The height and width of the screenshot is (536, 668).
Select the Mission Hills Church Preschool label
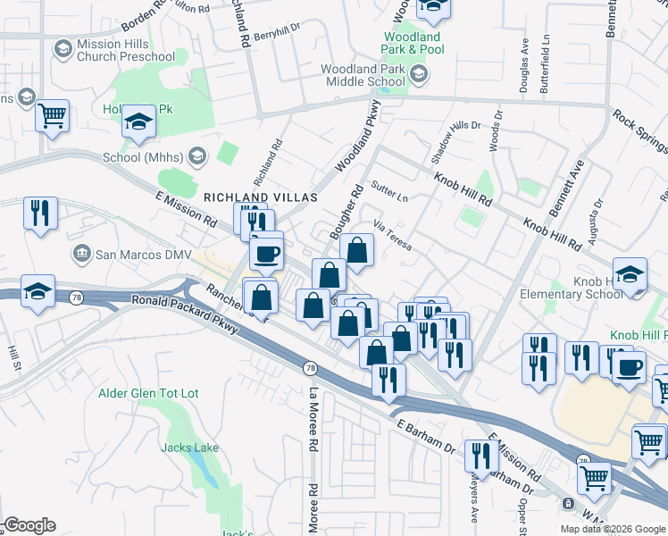(125, 49)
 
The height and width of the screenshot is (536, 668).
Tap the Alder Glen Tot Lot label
(146, 393)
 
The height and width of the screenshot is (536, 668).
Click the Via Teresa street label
(393, 235)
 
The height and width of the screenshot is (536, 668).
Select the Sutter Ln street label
(389, 189)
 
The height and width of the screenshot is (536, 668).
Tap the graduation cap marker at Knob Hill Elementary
(630, 273)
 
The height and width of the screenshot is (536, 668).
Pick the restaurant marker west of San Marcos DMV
(39, 213)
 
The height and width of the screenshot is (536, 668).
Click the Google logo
(29, 525)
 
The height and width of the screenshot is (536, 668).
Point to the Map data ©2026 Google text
(612, 529)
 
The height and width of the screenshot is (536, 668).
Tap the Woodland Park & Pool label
(412, 43)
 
